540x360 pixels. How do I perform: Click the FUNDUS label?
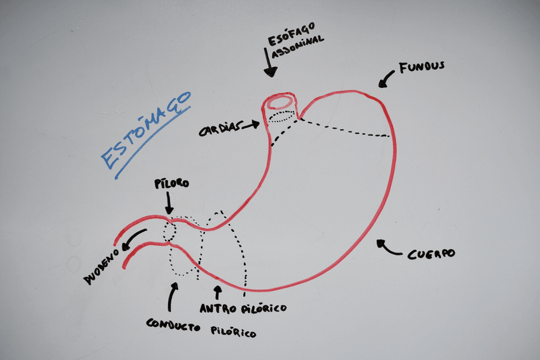click(421, 66)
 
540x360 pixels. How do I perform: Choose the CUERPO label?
click(432, 253)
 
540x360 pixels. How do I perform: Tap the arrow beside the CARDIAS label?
click(251, 125)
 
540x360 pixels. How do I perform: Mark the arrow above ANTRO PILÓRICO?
click(218, 292)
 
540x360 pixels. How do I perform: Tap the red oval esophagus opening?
click(281, 101)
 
